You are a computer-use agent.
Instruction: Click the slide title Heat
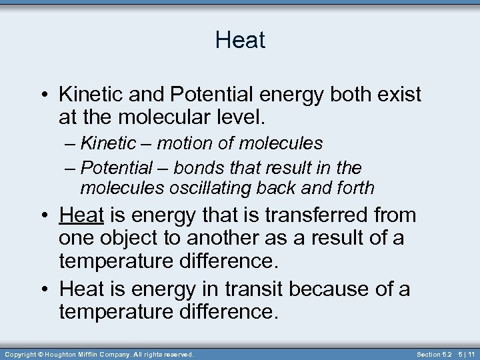click(240, 40)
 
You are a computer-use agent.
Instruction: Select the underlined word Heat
click(81, 215)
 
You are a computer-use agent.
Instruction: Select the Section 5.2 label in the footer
click(434, 354)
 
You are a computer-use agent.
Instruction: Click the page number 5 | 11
click(466, 354)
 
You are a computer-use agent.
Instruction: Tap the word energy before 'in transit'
click(160, 289)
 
